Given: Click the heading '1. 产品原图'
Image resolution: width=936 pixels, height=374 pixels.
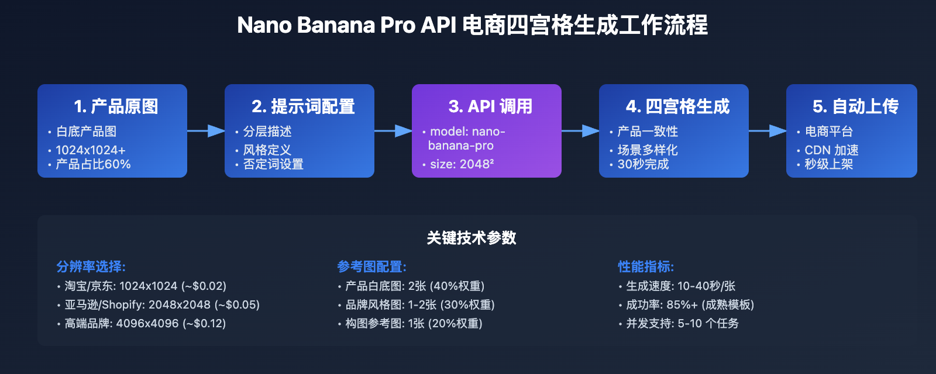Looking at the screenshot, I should coord(116,106).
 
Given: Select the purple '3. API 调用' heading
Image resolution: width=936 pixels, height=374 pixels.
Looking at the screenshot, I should coord(490,106).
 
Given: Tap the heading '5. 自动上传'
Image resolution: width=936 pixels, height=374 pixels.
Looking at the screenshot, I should coord(855,106).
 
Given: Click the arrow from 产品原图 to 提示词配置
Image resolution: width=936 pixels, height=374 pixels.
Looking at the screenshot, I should coord(206,131).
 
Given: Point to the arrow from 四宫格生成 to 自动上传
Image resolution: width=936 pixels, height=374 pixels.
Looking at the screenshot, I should coord(768,131).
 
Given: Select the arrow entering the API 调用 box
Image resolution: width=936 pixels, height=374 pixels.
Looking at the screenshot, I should coord(393,131).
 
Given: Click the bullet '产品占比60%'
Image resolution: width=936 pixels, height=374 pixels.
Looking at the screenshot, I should coord(93,164).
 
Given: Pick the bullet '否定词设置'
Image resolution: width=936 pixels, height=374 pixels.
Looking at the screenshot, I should coord(273,164).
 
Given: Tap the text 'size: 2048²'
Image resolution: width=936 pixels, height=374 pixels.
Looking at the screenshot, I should coord(462,164).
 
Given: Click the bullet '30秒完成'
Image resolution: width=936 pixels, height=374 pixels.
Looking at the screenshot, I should coord(643,164).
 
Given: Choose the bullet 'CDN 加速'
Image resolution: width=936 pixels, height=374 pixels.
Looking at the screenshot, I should coord(831,150).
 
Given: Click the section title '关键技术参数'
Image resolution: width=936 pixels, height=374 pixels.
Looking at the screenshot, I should coord(472,238).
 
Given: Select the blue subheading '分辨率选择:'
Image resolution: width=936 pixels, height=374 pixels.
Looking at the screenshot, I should coord(91,266).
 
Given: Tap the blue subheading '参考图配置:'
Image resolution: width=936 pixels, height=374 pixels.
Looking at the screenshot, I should coord(371,266).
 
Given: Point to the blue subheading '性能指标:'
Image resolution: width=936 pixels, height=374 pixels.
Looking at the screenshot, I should coord(646,266).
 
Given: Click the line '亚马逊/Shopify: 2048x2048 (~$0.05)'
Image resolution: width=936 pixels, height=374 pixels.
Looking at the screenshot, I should coord(162,304).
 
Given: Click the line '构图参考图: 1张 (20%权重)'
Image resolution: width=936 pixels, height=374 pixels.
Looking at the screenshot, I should coord(414,323).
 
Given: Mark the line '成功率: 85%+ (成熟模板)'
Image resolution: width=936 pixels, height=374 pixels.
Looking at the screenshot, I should coord(690,304).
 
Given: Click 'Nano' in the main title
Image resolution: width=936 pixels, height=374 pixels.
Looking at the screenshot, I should coord(264,25).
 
